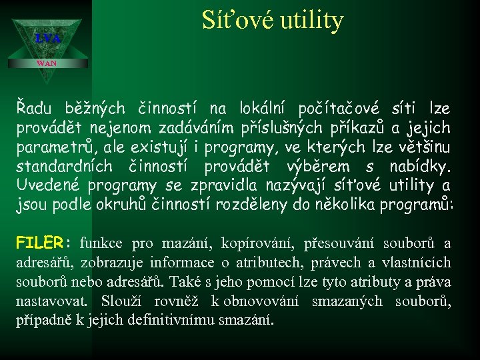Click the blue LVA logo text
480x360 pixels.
[47, 39]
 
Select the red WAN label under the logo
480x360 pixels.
[47, 63]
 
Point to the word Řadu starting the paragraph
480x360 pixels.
[37, 108]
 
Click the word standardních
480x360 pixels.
[59, 166]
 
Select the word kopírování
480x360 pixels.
[261, 243]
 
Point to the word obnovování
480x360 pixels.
[267, 301]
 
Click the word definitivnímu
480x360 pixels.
[167, 321]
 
